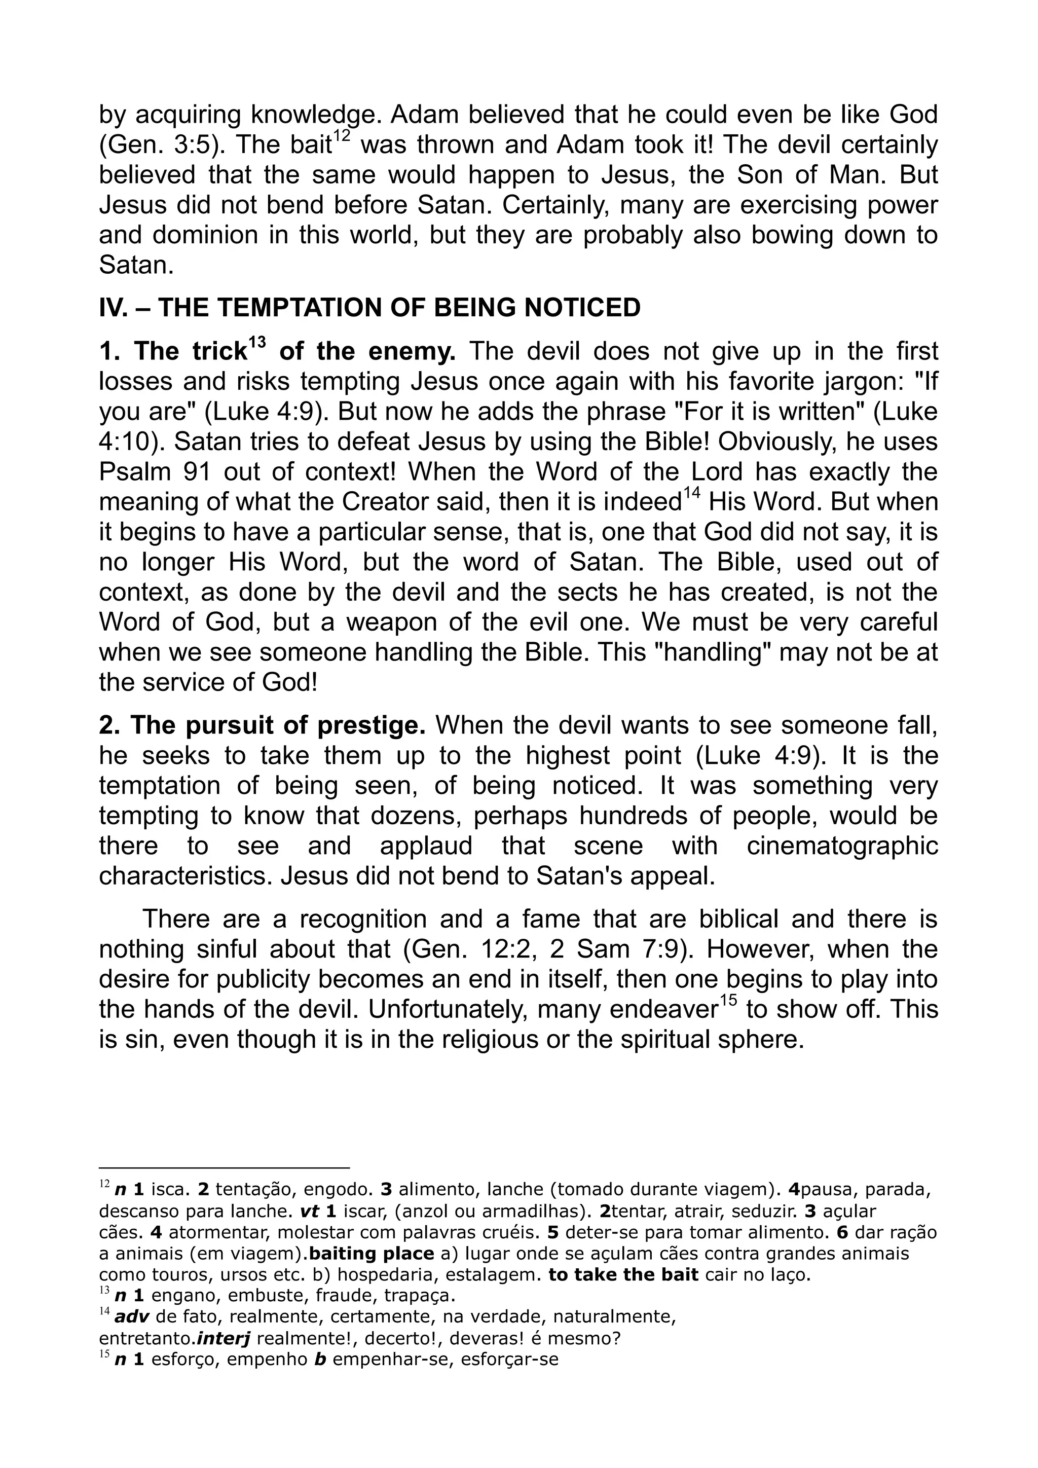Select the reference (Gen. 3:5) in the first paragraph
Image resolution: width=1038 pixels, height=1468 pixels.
point(163,145)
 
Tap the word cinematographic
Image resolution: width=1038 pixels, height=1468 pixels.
point(842,846)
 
